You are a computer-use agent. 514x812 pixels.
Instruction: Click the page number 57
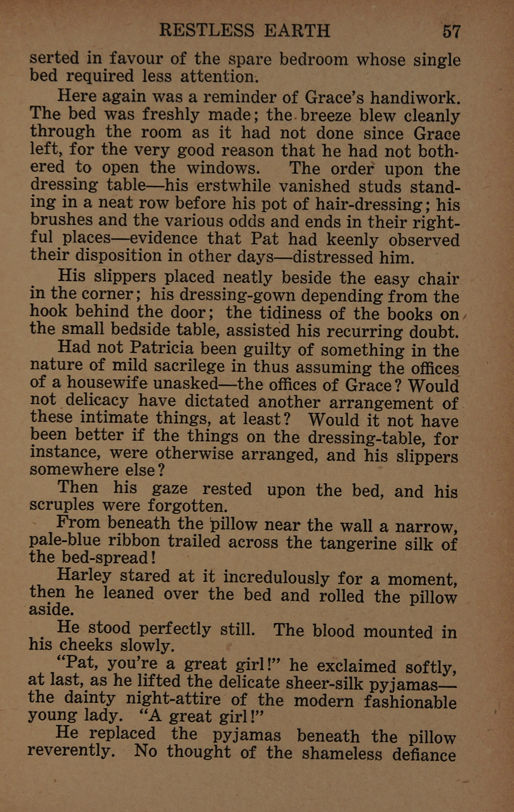(451, 32)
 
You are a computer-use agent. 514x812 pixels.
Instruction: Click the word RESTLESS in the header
(207, 31)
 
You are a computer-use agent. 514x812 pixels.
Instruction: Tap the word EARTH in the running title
(297, 31)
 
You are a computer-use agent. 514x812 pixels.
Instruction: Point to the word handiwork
(415, 98)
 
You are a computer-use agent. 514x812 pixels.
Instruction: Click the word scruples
(61, 505)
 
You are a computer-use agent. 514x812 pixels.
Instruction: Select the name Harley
(84, 576)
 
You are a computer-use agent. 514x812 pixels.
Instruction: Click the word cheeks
(86, 645)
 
